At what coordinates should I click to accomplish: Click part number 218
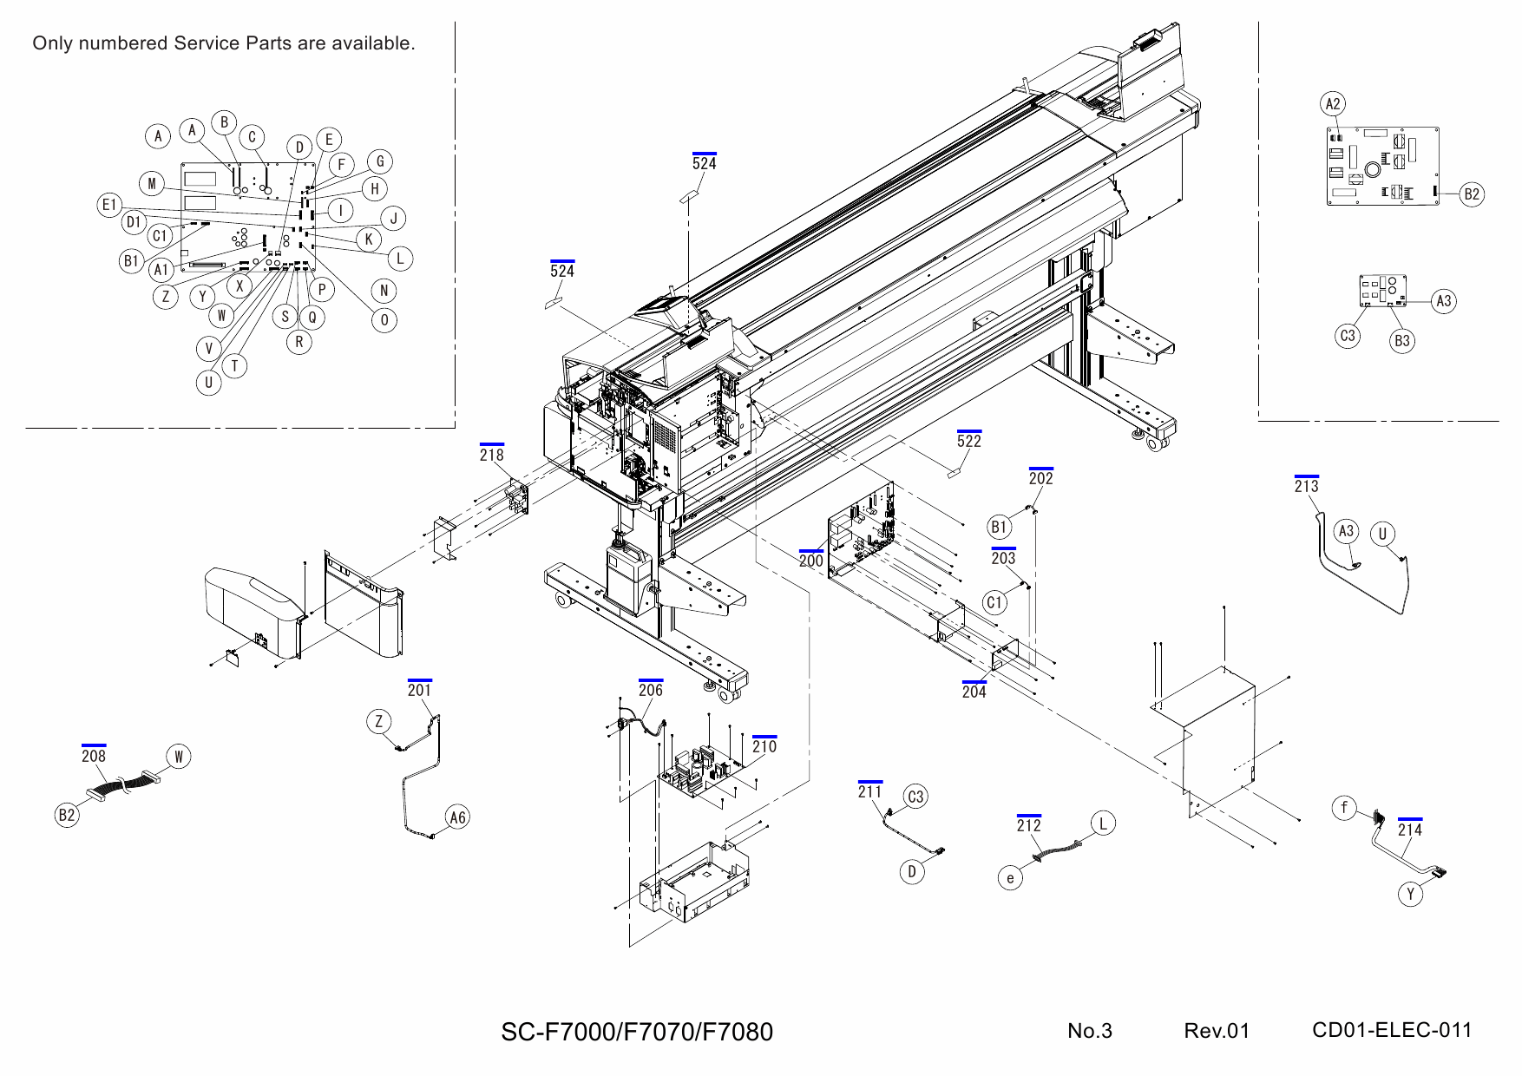[491, 455]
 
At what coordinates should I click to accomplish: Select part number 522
[969, 441]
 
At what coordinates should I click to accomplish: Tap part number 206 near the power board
[650, 690]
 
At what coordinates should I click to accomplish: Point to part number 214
[1410, 830]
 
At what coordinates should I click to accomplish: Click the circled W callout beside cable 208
[178, 757]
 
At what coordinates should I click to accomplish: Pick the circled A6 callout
[457, 817]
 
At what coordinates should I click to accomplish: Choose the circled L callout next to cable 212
[1103, 823]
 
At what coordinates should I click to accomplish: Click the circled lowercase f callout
[1344, 809]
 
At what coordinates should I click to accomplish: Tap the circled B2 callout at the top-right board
[1472, 194]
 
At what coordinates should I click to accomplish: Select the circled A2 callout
[1333, 104]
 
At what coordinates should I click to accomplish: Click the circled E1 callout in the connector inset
[108, 205]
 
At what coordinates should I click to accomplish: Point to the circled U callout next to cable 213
[1383, 534]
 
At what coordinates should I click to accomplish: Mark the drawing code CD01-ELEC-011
[1392, 1030]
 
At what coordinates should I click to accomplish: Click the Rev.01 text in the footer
[1217, 1031]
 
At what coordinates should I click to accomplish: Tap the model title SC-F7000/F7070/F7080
[637, 1032]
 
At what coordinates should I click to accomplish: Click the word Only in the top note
[50, 43]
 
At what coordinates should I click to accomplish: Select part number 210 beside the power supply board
[764, 746]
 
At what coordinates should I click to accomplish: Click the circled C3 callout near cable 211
[915, 797]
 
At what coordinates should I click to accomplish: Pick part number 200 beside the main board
[811, 561]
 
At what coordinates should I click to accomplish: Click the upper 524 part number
[705, 163]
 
